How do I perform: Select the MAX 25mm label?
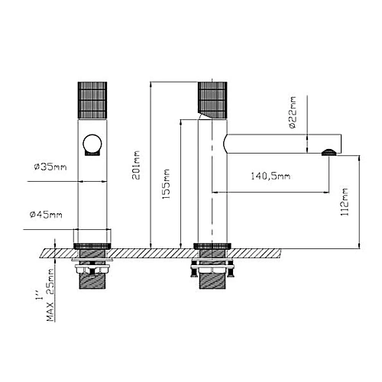tap(50, 284)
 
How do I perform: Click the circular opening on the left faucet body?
tap(92, 144)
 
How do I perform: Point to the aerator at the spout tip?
tap(331, 151)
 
